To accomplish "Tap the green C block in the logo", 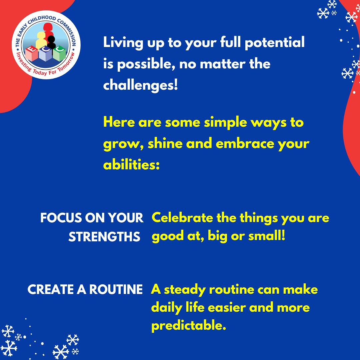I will [x=59, y=53].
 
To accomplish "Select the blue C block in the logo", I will [x=46, y=57].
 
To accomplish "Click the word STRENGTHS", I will [x=104, y=237].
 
